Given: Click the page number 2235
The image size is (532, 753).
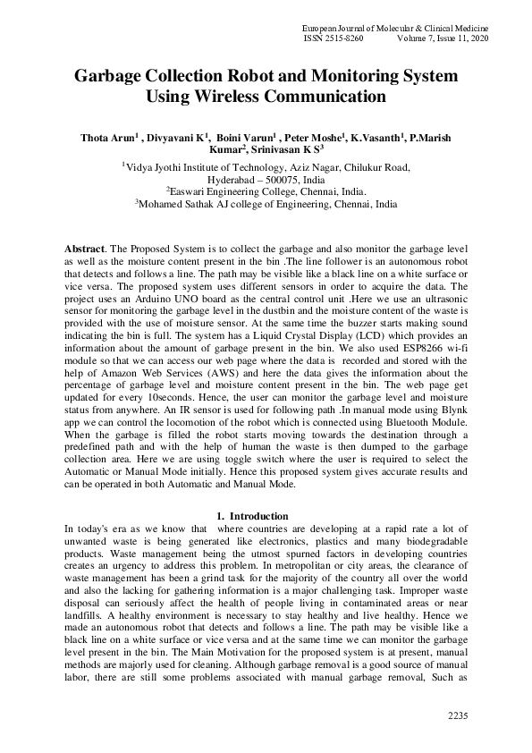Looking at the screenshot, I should [457, 715].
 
